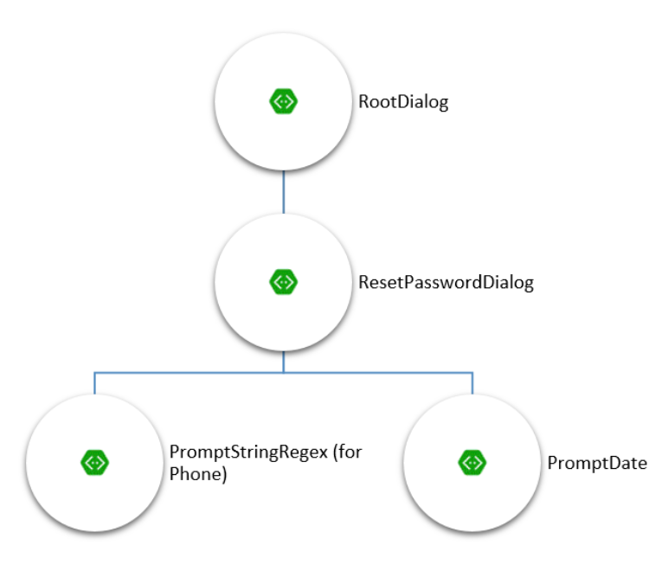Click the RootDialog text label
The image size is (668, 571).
coord(403,102)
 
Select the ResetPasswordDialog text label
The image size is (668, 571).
coord(446,282)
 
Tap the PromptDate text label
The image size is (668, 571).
coord(597,463)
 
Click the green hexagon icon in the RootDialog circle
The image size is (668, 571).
coord(283,102)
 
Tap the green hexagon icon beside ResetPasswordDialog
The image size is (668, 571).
coord(283,282)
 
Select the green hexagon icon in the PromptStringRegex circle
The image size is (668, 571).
coord(94,463)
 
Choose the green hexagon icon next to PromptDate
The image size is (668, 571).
coord(472,463)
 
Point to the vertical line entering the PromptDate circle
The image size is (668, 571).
coord(472,384)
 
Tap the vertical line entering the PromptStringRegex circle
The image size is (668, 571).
coord(94,384)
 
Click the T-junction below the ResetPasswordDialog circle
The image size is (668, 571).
coord(283,373)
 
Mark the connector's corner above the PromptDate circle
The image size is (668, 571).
coord(472,373)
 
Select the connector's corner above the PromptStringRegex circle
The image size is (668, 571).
coord(94,373)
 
